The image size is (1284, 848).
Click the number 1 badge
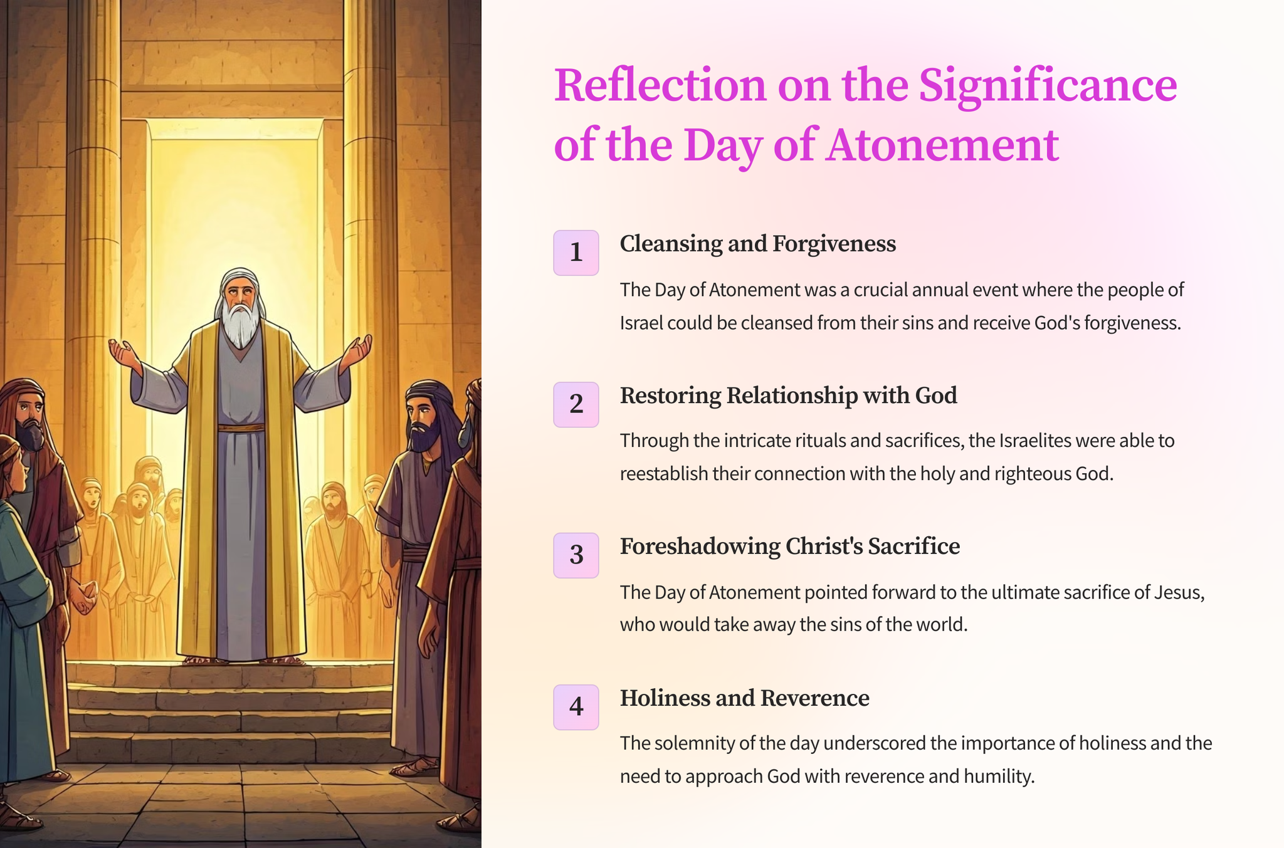point(576,253)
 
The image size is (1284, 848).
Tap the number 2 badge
point(576,404)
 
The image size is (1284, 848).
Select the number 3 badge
point(576,555)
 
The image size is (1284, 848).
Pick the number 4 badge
point(576,707)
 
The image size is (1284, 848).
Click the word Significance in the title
point(1048,86)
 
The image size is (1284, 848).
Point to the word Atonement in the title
point(942,145)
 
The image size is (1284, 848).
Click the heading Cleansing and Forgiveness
point(757,244)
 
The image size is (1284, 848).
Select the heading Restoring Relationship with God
point(788,395)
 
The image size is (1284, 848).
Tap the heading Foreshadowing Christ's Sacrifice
point(789,547)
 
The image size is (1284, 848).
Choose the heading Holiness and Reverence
point(744,698)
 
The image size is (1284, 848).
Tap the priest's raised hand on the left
point(125,354)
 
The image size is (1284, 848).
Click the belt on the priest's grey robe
point(241,428)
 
